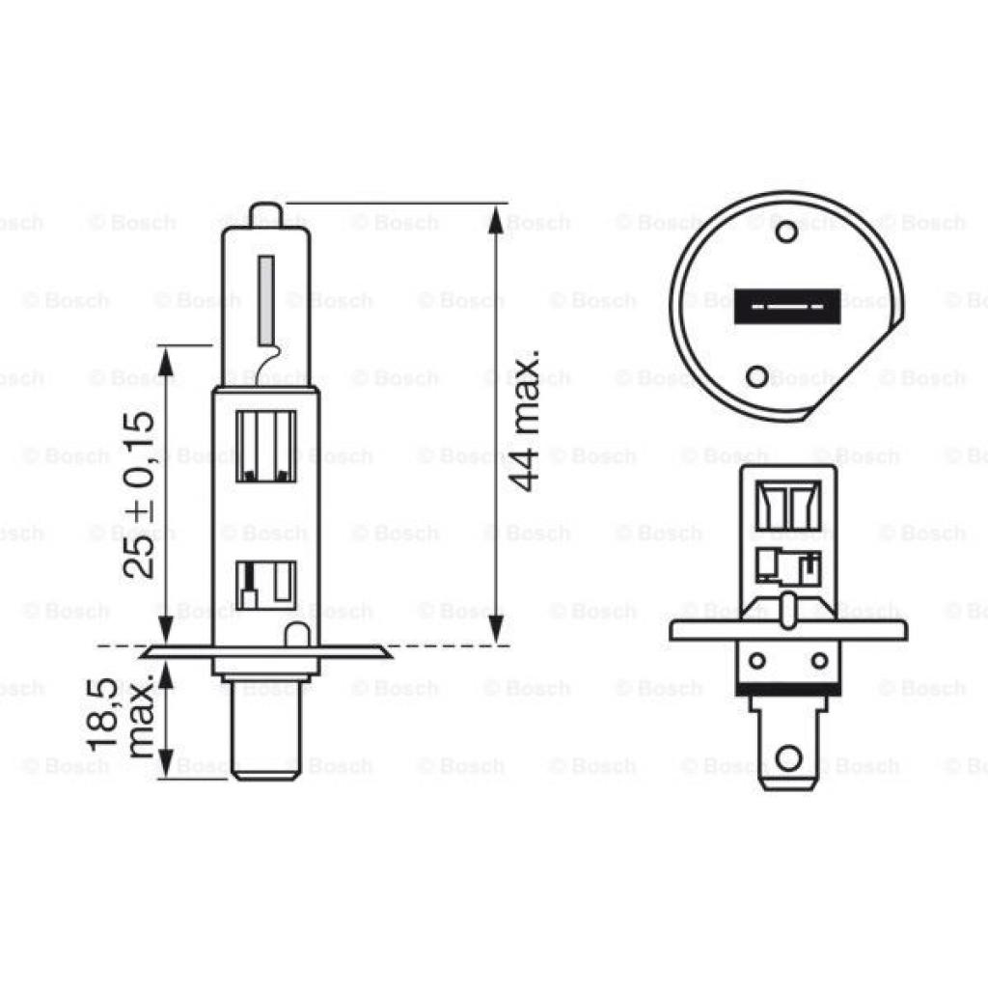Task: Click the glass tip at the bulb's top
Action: click(x=265, y=212)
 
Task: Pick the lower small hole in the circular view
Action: click(x=759, y=375)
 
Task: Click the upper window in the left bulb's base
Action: click(x=266, y=445)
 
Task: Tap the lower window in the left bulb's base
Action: click(x=266, y=585)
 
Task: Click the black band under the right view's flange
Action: click(x=788, y=687)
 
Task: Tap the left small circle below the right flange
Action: click(x=758, y=661)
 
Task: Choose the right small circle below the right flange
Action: click(x=819, y=661)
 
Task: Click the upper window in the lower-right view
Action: click(x=788, y=504)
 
